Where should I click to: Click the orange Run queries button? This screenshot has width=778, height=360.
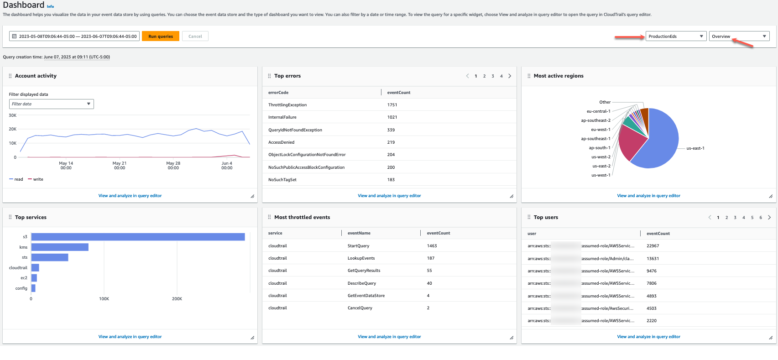160,37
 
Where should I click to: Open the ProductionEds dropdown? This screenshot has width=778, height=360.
676,37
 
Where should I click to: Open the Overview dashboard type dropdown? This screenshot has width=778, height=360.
739,37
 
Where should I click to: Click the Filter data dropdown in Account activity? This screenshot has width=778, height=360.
51,104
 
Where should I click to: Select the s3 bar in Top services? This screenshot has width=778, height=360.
138,237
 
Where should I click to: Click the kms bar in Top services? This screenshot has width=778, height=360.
60,247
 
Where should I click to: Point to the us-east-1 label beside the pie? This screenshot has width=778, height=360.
695,148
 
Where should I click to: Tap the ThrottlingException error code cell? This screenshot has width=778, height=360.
287,105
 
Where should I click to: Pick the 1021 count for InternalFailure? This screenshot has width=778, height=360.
392,117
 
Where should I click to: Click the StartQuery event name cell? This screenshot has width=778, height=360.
358,246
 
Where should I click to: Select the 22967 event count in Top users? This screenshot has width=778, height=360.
653,246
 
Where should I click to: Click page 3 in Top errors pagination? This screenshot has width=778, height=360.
493,76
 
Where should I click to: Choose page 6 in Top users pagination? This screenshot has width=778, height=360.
761,218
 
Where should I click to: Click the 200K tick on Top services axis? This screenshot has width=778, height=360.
177,299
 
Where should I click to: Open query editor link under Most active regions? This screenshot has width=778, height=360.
648,196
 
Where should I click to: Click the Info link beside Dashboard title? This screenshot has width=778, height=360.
50,6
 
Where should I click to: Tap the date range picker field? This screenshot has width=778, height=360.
74,37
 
